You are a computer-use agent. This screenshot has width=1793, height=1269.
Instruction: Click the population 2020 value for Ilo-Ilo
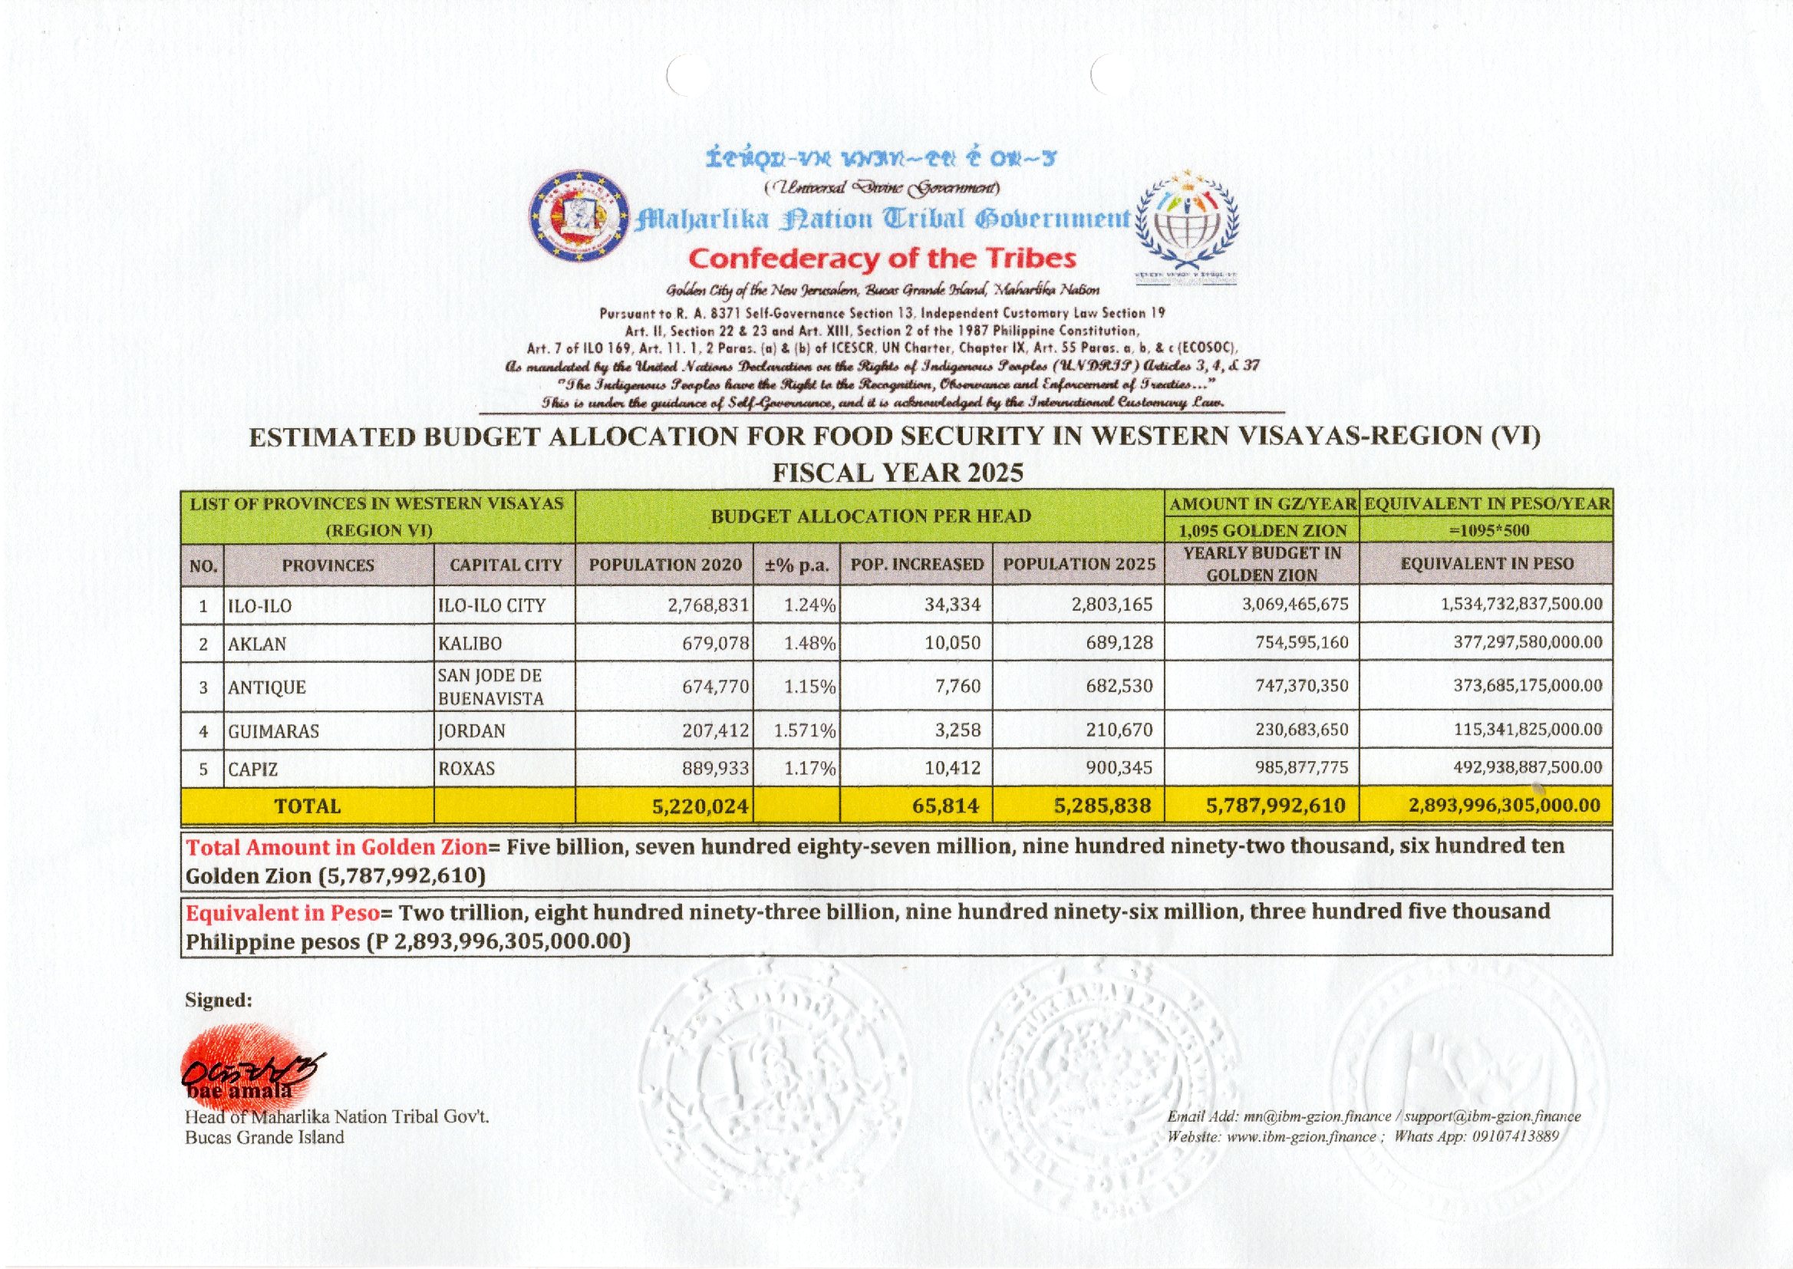pyautogui.click(x=708, y=605)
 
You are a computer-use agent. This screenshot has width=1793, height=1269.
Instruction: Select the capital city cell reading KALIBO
pyautogui.click(x=470, y=644)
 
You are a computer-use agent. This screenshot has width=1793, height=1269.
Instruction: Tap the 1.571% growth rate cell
pyautogui.click(x=804, y=731)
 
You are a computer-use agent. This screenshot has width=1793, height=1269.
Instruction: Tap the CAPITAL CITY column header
pyautogui.click(x=506, y=565)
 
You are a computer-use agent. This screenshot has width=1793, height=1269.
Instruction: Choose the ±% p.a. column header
pyautogui.click(x=796, y=565)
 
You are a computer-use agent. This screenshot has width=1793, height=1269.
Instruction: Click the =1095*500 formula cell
pyautogui.click(x=1486, y=531)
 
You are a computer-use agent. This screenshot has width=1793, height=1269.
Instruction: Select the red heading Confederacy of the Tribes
pyautogui.click(x=882, y=258)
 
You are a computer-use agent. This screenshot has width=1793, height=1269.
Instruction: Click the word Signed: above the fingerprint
pyautogui.click(x=218, y=1000)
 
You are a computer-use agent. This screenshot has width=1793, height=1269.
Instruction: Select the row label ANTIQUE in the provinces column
pyautogui.click(x=257, y=687)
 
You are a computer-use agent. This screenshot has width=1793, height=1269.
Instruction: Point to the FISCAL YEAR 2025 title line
pyautogui.click(x=897, y=473)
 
